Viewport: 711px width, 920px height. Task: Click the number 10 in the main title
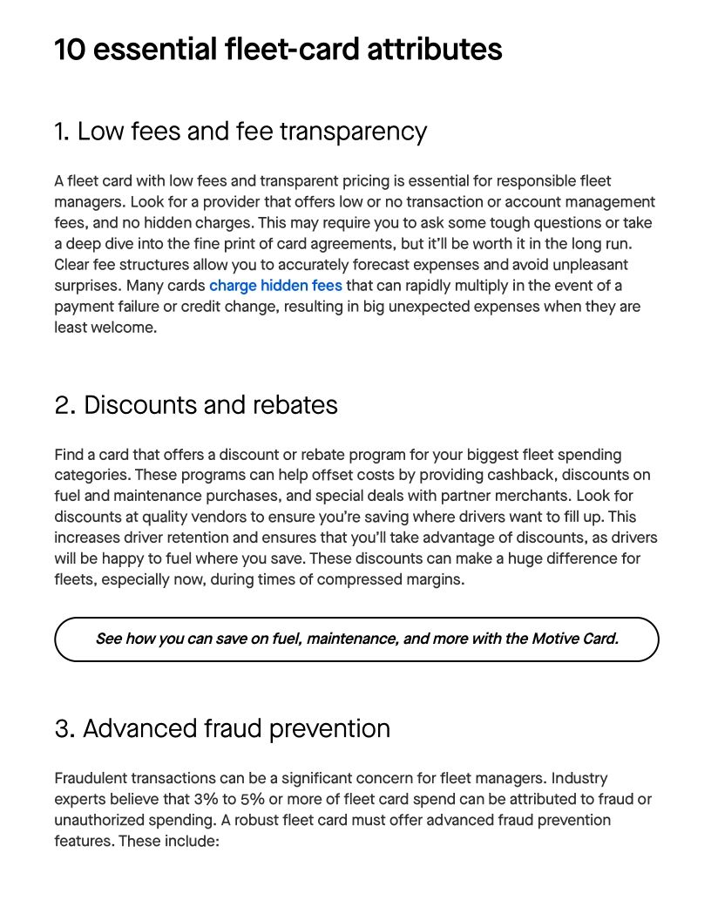pyautogui.click(x=70, y=50)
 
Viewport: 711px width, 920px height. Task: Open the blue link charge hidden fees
pyautogui.click(x=275, y=286)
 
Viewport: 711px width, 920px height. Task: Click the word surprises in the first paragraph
pyautogui.click(x=85, y=286)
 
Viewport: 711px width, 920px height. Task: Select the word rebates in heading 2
pyautogui.click(x=294, y=405)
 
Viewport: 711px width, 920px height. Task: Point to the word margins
pyautogui.click(x=433, y=580)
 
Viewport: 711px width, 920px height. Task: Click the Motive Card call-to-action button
pyautogui.click(x=356, y=639)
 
